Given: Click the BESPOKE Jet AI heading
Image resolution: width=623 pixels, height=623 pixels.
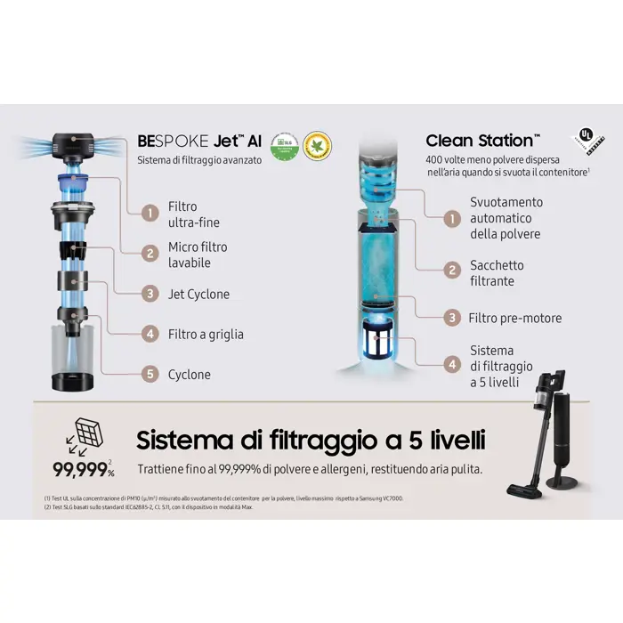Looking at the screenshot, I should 198,142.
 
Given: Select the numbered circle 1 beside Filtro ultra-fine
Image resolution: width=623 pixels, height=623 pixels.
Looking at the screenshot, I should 151,214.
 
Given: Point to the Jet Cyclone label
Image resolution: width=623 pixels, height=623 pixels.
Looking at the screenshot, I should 198,295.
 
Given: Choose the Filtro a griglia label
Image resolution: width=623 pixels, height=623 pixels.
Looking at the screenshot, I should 206,335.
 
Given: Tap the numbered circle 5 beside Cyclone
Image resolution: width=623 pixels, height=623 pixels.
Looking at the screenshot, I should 151,375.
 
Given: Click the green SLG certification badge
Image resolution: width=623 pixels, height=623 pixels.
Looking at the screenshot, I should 284,146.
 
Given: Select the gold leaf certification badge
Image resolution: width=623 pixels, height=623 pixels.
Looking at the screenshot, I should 317,146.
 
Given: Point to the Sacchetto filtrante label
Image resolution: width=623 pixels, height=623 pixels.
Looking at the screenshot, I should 498,273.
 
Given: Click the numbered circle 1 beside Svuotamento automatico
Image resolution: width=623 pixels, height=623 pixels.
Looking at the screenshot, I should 453,218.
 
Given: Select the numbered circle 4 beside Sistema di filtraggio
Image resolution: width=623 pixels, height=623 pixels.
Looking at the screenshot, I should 453,365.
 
